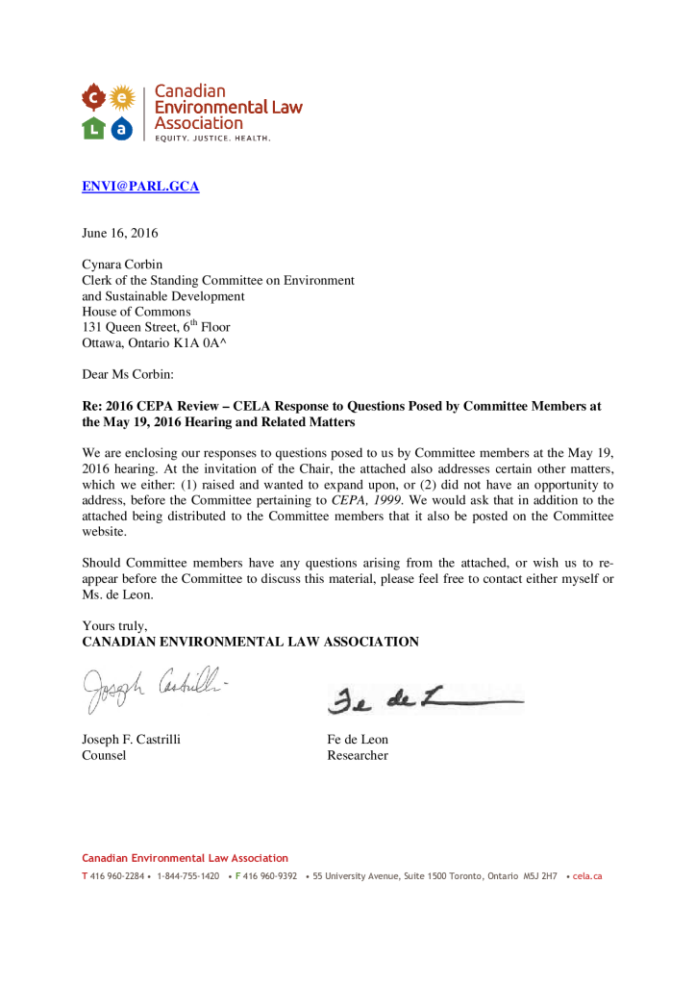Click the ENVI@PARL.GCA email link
[140, 187]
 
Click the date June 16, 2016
[120, 233]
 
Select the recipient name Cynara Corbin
[122, 265]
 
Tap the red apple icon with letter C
[92, 97]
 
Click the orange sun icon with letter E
[121, 97]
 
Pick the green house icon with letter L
[92, 128]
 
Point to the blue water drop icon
[121, 128]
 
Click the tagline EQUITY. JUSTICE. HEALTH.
[213, 139]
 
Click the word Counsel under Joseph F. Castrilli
[104, 755]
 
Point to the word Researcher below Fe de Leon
[358, 755]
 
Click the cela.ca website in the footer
[586, 876]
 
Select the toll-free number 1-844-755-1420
[187, 876]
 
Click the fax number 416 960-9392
[269, 876]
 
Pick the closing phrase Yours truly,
[114, 625]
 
